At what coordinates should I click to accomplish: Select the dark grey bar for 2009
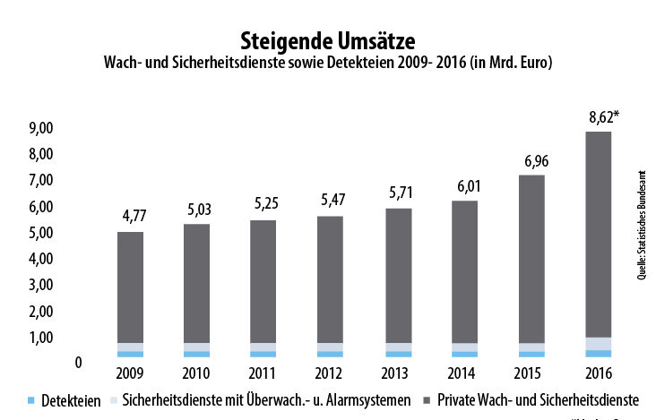click(130, 287)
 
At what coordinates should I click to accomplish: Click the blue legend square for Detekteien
click(32, 399)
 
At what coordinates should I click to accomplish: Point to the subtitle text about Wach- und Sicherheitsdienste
click(328, 64)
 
